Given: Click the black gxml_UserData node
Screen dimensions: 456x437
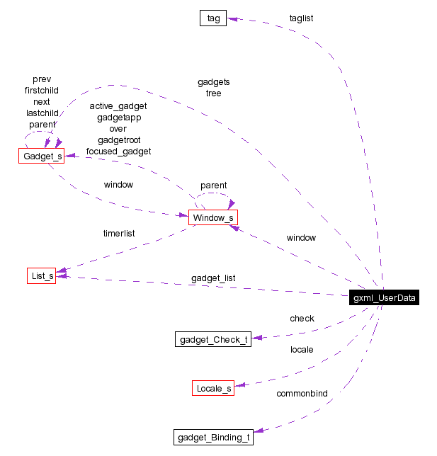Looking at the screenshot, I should pos(385,298).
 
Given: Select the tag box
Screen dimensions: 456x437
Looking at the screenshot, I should pos(212,18).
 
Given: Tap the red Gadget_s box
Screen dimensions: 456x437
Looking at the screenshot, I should pos(41,156).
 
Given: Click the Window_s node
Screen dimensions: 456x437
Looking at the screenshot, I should pos(212,217).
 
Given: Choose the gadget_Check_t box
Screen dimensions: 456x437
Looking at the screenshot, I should pos(213,339).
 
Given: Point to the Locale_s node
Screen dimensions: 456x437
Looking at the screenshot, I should pos(213,388).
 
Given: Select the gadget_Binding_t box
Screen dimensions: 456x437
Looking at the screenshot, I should pos(213,437).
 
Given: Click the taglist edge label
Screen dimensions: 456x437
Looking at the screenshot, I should pos(301,18).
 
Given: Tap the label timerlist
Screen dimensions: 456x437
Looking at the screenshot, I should pos(119,233).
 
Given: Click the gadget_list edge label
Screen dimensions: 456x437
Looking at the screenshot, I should pos(213,278).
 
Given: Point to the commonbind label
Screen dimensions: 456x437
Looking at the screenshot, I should pos(302,393).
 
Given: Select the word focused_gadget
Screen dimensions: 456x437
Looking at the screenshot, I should pos(118,151).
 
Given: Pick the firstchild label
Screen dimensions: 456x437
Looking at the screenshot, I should pos(42,91).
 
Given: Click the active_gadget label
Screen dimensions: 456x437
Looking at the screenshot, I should pos(118,106).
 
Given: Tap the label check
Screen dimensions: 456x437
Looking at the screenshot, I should pos(302,319).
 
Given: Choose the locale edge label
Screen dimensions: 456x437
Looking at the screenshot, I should pos(302,349).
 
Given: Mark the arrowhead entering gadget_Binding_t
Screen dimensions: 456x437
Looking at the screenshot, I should pos(258,430).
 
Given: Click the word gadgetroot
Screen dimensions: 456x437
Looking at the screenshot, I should pos(118,140).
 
